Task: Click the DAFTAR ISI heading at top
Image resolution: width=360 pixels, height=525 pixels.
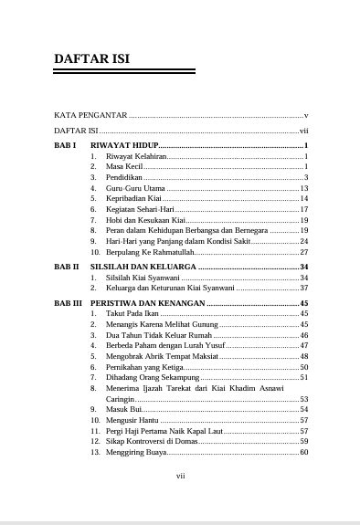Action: pyautogui.click(x=91, y=58)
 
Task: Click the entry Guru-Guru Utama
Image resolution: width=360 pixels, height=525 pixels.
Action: pyautogui.click(x=135, y=188)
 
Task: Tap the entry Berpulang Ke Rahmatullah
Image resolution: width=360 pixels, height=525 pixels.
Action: pyautogui.click(x=150, y=251)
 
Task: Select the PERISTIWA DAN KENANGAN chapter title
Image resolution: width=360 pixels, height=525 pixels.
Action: pyautogui.click(x=155, y=302)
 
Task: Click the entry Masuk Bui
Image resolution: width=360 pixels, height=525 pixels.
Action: pyautogui.click(x=123, y=409)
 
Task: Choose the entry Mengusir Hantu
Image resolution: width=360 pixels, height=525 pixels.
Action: pyautogui.click(x=132, y=420)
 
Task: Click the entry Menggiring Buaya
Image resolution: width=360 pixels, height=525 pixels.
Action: pyautogui.click(x=136, y=452)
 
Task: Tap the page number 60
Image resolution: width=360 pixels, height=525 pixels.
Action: pyautogui.click(x=304, y=452)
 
